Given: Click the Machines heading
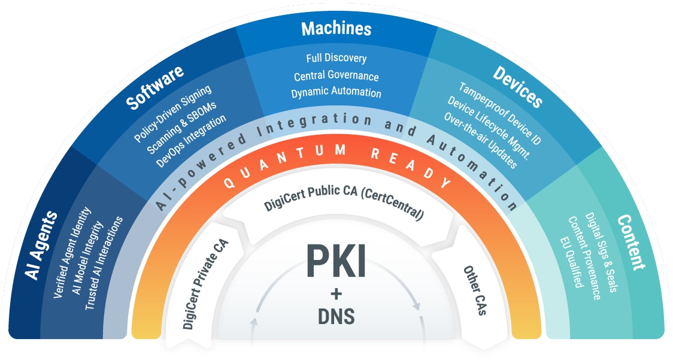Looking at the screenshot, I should click(336, 29).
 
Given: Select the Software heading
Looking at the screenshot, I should click(154, 87).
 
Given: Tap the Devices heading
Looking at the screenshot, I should click(518, 87).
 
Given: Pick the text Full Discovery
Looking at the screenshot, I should click(336, 59).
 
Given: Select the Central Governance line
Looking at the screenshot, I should click(336, 76).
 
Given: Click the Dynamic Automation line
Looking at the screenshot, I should click(336, 93).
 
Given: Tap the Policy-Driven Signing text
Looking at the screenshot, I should click(172, 113).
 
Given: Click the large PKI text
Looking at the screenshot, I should click(336, 261).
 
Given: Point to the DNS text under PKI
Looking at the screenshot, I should click(336, 316).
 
